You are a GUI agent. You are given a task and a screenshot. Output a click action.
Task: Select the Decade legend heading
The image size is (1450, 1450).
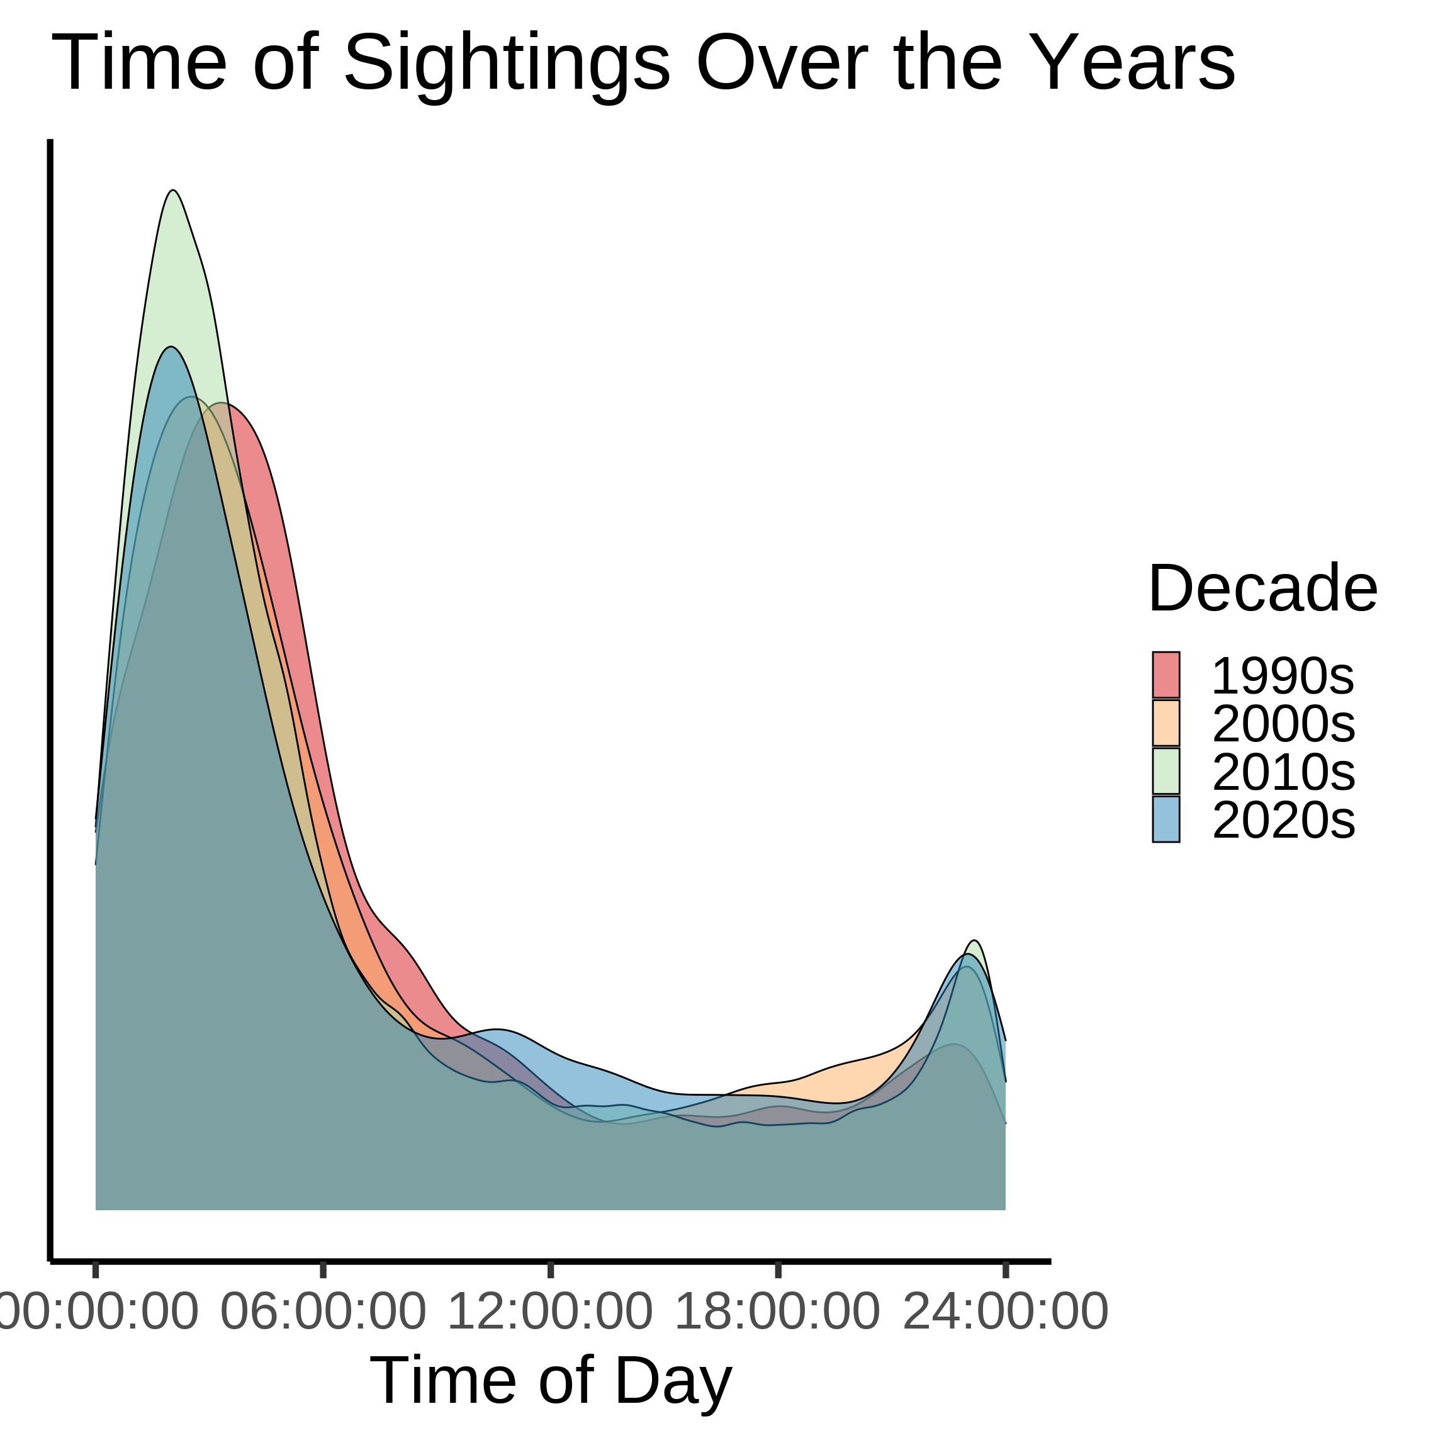[x=1262, y=589]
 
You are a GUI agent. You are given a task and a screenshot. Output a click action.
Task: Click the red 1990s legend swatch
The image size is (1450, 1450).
[x=1166, y=675]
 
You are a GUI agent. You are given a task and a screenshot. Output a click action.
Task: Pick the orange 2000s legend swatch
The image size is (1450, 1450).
[x=1166, y=722]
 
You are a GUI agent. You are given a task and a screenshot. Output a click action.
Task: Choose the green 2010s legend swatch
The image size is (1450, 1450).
[x=1166, y=771]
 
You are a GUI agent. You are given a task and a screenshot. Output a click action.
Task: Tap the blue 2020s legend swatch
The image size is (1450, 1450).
[x=1166, y=819]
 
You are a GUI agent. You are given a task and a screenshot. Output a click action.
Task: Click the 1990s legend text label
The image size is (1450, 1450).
[x=1283, y=675]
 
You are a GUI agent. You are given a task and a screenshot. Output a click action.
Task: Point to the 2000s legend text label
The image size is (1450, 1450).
[x=1283, y=724]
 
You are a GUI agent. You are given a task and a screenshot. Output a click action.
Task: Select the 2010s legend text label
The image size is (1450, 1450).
[x=1283, y=772]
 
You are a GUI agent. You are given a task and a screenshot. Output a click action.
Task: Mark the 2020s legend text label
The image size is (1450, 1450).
[x=1283, y=819]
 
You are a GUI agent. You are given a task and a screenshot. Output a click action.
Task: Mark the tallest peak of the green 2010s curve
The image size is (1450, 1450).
[x=173, y=190]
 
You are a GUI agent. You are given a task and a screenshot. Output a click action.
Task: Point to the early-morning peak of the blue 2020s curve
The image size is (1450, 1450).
[x=171, y=347]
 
